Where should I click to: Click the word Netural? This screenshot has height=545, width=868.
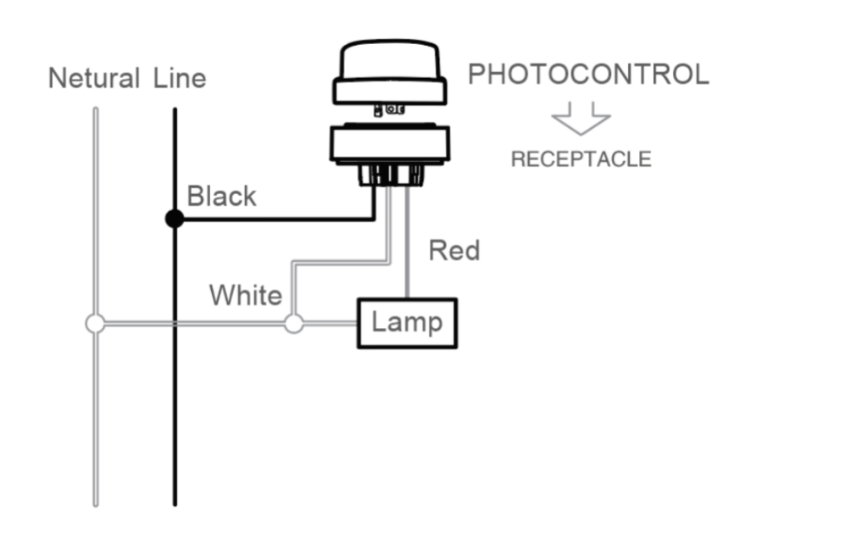(x=93, y=78)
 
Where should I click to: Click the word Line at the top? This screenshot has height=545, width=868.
(x=180, y=78)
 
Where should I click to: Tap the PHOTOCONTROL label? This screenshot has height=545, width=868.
(x=588, y=75)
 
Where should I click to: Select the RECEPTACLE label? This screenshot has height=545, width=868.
(x=581, y=159)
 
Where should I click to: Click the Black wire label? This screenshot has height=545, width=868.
(x=221, y=197)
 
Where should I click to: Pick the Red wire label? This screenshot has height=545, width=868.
(x=454, y=251)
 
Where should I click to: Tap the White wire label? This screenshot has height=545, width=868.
(x=245, y=295)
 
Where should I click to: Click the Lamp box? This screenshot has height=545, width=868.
(x=407, y=324)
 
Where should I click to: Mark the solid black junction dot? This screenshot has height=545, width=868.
(x=175, y=220)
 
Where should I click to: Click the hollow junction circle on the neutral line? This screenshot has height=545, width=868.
(x=95, y=324)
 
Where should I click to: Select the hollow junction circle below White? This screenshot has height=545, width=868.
(x=294, y=324)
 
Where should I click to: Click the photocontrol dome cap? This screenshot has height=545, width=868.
(x=390, y=59)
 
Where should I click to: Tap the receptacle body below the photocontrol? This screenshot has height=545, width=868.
(x=390, y=144)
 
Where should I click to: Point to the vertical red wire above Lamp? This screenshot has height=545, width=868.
(x=408, y=242)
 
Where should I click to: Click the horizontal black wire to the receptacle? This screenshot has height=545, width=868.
(x=278, y=220)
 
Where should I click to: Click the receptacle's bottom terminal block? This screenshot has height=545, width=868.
(x=391, y=175)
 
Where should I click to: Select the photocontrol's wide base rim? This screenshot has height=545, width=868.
(x=390, y=92)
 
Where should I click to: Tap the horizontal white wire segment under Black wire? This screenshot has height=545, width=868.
(x=341, y=262)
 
